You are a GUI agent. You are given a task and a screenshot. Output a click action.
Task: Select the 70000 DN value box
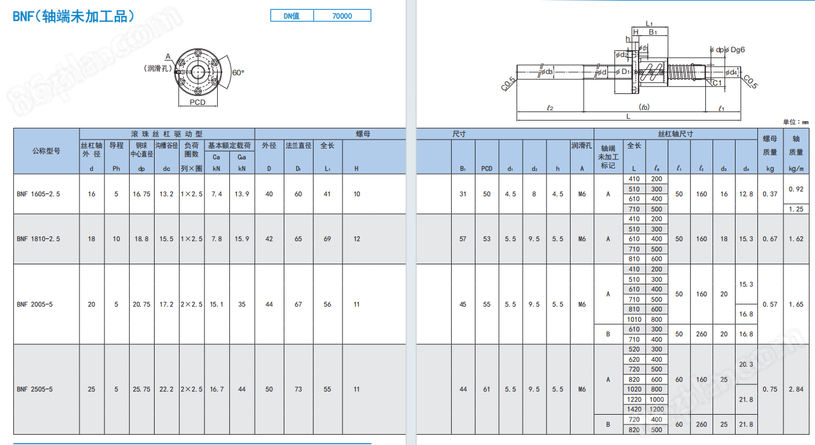(x=342, y=16)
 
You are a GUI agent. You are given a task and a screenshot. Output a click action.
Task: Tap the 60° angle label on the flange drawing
(x=238, y=73)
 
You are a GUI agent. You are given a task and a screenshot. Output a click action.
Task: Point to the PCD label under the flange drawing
(x=198, y=102)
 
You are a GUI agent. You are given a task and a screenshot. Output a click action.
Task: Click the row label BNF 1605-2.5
(x=39, y=194)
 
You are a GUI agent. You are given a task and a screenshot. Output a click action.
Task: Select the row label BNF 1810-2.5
(x=39, y=239)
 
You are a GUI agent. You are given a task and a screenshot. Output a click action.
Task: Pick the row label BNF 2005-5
(x=35, y=304)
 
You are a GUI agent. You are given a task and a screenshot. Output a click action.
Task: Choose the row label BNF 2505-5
(x=35, y=389)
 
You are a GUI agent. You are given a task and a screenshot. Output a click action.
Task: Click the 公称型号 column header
(x=46, y=151)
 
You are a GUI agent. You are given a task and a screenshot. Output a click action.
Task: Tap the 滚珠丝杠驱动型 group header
(x=167, y=134)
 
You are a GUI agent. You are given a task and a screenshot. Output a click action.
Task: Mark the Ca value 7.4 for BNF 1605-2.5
(x=216, y=194)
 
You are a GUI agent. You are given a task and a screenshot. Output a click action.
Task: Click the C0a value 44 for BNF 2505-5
(x=242, y=389)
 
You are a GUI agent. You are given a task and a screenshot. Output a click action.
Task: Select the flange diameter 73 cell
(x=298, y=389)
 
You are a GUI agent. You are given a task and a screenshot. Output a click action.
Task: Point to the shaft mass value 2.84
(x=796, y=389)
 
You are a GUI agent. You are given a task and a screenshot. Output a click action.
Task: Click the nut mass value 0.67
(x=770, y=239)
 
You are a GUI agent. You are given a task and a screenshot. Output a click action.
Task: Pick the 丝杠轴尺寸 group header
(x=675, y=134)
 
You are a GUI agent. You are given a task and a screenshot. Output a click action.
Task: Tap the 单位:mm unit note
(x=796, y=122)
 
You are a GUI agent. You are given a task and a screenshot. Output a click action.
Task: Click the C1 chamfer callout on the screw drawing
(x=717, y=83)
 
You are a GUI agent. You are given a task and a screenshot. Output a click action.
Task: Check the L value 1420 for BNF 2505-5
(x=634, y=409)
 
